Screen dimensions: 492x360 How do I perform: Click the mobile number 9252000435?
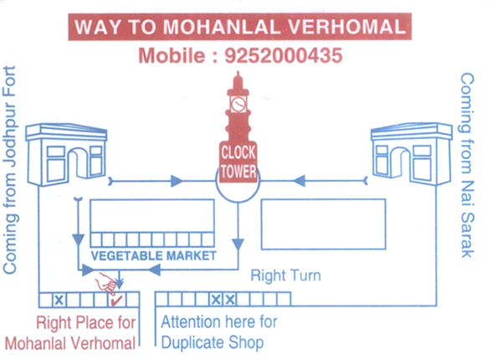click(284, 55)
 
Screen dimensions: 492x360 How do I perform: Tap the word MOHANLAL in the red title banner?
click(222, 27)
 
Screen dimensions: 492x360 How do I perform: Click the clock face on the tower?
click(238, 104)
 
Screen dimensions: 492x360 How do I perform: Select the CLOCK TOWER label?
click(238, 162)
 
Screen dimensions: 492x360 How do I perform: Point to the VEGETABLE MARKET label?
click(154, 256)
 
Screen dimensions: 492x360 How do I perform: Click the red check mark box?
click(117, 300)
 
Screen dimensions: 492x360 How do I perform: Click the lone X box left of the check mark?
click(59, 300)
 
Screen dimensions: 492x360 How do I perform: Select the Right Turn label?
click(285, 275)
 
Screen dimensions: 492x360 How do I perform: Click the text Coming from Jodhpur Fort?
click(10, 169)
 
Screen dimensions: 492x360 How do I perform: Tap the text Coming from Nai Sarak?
click(467, 166)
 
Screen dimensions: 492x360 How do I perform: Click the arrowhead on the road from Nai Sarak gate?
click(299, 181)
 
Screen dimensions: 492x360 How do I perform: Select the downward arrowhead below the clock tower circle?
click(238, 244)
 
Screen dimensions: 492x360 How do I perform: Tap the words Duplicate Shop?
click(213, 342)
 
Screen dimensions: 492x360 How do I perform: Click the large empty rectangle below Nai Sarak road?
click(323, 224)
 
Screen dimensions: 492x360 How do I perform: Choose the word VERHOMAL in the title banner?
click(347, 27)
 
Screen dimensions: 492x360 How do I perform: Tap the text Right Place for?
click(85, 322)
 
